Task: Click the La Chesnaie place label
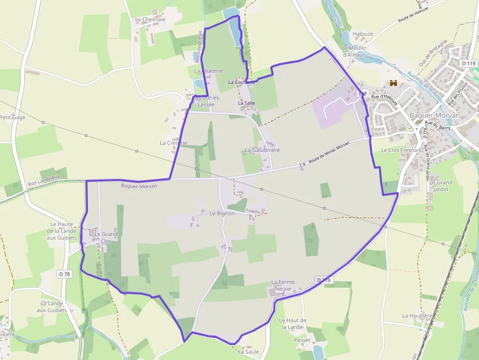coord(150,20)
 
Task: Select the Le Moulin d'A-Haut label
coord(354,51)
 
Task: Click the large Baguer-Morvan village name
coord(435,115)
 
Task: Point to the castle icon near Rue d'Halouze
coord(393,84)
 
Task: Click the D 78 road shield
coord(64,274)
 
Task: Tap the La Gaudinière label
coord(262,150)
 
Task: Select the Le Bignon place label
coord(222,213)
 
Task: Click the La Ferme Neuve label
coord(282,285)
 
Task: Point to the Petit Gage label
coord(13,117)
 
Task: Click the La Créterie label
coord(174,143)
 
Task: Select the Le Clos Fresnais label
coord(401,150)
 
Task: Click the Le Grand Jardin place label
coord(441,186)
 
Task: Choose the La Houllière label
coord(417,316)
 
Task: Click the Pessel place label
coord(302,339)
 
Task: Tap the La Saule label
coord(248,351)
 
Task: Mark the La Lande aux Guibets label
coord(54,307)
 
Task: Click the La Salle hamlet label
coord(247,104)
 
